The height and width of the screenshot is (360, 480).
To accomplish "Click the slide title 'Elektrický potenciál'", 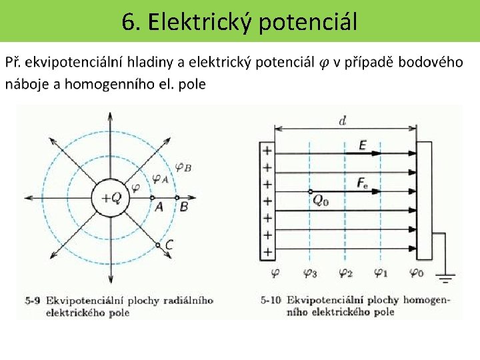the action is (x=239, y=22).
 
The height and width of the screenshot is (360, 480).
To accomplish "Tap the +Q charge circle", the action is (x=111, y=198).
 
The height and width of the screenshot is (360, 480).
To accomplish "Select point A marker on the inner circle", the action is (x=152, y=198).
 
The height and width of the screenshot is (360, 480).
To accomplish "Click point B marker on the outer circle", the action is (x=177, y=198).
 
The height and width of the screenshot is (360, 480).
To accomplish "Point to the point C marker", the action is (x=158, y=245).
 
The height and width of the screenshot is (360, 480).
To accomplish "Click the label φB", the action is (x=183, y=168).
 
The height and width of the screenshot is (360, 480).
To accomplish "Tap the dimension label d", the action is (x=342, y=121).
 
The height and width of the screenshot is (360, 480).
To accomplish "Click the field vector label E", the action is (x=362, y=145).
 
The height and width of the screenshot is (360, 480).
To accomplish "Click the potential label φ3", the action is (x=310, y=273).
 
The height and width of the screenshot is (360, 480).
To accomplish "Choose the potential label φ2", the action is (x=345, y=273).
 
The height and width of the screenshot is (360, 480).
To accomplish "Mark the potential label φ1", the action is (x=381, y=273).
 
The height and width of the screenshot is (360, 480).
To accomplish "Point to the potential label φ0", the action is (x=415, y=273).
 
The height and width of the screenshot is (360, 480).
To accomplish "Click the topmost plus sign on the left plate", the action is (x=267, y=151).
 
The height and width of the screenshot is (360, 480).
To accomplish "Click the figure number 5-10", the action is (x=273, y=300).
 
